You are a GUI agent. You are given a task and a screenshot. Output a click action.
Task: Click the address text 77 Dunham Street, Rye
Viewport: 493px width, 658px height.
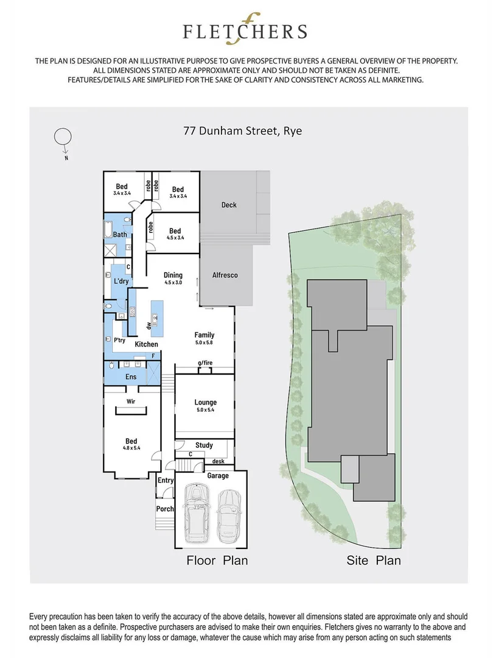243,130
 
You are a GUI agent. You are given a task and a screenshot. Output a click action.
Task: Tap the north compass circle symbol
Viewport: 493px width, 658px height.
61,137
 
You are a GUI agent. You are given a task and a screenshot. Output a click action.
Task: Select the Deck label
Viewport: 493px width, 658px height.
229,205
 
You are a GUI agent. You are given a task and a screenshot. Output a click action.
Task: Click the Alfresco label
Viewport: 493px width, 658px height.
225,275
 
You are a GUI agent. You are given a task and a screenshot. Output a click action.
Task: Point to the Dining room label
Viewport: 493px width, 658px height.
173,275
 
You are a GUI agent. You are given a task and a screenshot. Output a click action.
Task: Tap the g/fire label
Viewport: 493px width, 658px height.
205,364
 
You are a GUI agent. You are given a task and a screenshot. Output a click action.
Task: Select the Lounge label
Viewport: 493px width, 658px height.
206,402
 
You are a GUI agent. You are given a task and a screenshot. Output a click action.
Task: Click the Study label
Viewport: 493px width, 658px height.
205,445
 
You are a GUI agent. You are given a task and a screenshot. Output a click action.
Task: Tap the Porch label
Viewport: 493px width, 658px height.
165,509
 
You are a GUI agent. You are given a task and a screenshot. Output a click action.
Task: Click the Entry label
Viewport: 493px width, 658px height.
166,481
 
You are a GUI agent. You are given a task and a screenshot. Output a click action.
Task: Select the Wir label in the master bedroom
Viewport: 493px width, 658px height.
130,402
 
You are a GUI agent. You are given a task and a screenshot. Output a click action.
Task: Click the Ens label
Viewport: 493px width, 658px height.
131,377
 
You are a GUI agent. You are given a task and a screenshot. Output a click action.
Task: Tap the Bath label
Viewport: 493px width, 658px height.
120,234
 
